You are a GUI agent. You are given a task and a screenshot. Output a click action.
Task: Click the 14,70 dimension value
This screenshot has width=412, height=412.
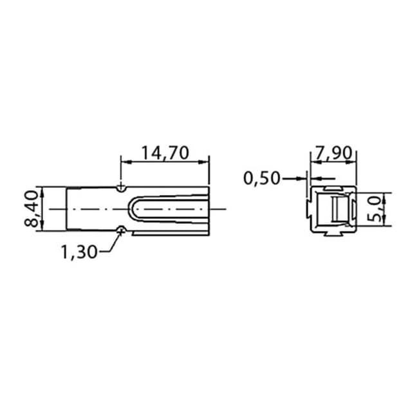165,153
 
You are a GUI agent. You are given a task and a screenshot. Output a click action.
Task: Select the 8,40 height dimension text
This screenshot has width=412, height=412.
32,209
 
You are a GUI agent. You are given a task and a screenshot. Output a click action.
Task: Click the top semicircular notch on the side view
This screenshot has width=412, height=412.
122,188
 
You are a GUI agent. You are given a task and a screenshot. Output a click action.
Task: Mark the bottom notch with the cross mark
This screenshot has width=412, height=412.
122,230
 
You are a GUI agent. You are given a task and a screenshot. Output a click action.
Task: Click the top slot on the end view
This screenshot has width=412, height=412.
333,188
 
